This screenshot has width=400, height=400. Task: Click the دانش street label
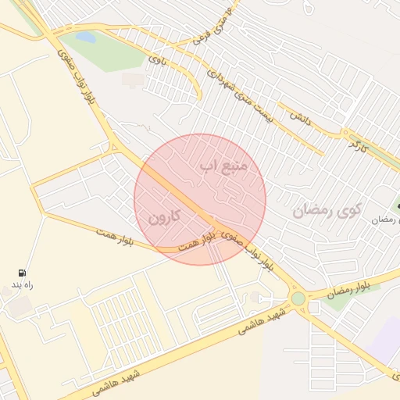pyautogui.click(x=300, y=118)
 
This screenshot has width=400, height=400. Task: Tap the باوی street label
pyautogui.click(x=159, y=57)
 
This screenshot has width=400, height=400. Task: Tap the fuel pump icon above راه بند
pyautogui.click(x=22, y=273)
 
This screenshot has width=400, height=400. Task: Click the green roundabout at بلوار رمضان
pyautogui.click(x=298, y=298)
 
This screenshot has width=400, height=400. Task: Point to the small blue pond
pyautogui.click(x=85, y=37)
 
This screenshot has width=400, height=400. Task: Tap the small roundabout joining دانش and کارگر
pyautogui.click(x=344, y=134)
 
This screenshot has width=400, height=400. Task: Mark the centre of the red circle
pyautogui.click(x=200, y=199)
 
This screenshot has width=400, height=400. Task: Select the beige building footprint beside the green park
pyautogui.click(x=133, y=80)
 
